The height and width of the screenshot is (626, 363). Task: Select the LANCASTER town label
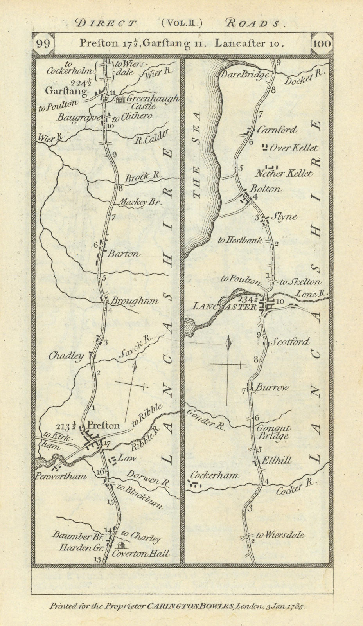pos(219,307)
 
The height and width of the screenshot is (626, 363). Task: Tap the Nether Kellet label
pos(289,173)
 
